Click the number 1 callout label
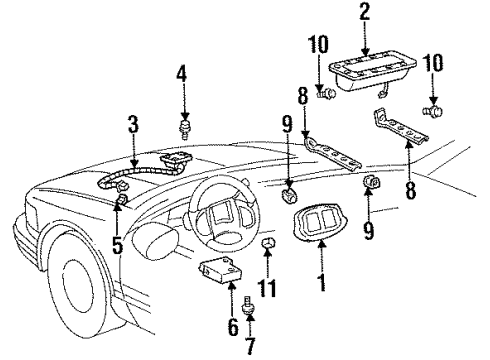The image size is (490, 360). point(320,282)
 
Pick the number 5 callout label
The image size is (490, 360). point(118,242)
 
